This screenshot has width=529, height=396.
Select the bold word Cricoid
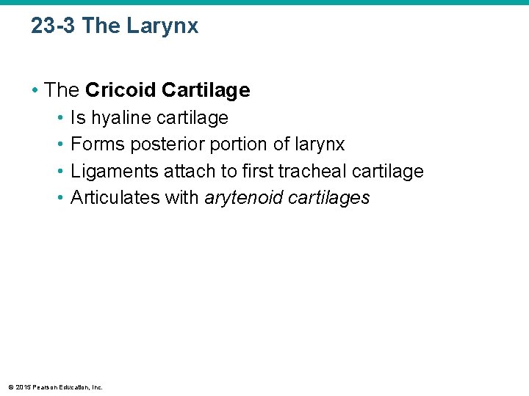121,90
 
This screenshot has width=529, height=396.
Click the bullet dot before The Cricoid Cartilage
35,90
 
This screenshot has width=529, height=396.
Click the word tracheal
314,171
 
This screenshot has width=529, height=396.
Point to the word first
259,171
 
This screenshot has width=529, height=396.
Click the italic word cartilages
328,197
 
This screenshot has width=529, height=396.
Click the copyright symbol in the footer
10,386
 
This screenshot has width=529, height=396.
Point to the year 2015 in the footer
21,386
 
